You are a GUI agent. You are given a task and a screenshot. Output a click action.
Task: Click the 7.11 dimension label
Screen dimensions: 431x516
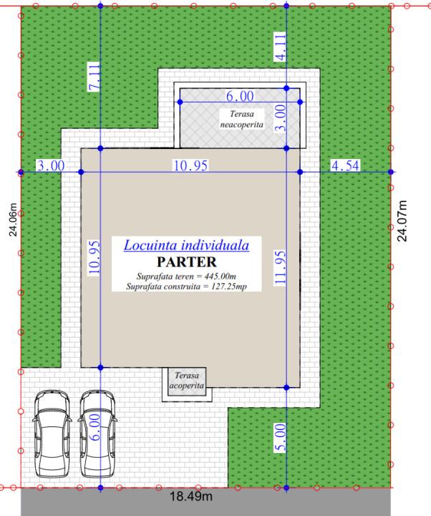[94, 77]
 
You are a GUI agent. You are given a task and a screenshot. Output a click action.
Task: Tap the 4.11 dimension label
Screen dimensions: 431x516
[280, 47]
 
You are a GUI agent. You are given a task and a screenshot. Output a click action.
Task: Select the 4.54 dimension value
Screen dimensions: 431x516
[345, 166]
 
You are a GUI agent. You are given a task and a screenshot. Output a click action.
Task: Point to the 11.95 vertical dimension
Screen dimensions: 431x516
[280, 267]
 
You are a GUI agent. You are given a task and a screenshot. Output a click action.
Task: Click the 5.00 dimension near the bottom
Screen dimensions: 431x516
[280, 437]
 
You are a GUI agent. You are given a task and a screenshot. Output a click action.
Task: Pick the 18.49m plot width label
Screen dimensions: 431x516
[191, 496]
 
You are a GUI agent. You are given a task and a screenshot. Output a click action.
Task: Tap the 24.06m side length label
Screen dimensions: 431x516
[13, 219]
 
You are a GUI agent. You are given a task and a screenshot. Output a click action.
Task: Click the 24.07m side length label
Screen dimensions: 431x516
[402, 221]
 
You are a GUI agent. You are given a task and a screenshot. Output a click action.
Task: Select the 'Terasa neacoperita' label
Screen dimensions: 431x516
[242, 119]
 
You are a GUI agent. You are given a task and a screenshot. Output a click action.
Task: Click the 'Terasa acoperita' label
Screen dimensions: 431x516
[186, 380]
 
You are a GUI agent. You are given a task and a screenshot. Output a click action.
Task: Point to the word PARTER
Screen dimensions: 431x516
[187, 262]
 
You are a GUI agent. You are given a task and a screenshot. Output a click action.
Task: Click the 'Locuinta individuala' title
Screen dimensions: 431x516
[186, 246]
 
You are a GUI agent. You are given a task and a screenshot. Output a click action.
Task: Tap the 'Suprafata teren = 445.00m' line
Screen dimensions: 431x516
[186, 276]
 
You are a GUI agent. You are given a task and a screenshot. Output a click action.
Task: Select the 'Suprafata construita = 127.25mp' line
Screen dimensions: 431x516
[186, 286]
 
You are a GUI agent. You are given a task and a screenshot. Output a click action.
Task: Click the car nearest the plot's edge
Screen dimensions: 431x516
[52, 434]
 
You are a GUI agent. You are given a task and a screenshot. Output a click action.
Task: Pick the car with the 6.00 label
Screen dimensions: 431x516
[97, 434]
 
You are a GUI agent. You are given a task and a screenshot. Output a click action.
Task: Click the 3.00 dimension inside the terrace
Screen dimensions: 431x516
[281, 118]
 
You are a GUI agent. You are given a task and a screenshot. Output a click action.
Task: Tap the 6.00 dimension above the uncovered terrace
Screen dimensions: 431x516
[240, 96]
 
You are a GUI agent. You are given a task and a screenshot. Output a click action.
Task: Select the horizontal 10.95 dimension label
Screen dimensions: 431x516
[190, 166]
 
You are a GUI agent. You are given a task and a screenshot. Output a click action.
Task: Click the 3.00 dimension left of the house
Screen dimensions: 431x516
[51, 166]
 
